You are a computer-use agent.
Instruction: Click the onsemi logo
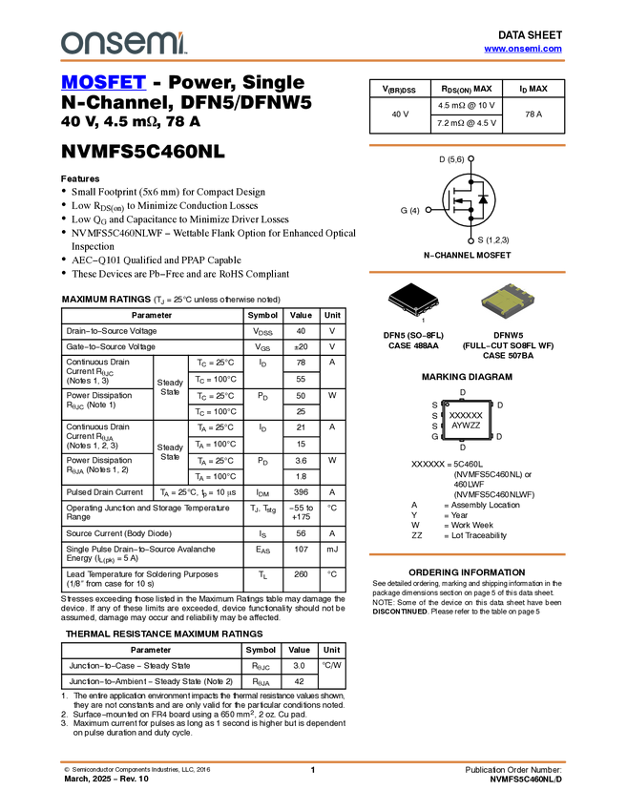point(123,43)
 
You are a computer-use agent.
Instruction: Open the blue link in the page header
point(523,49)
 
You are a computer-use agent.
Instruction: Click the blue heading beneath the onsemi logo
point(103,83)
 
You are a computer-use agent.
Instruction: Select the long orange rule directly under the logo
point(313,61)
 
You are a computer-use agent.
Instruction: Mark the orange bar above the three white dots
point(467,145)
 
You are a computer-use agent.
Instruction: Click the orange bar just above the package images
point(467,272)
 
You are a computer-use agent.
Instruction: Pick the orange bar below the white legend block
point(467,553)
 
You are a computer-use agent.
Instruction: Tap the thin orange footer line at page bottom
point(313,761)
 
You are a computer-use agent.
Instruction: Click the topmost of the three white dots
point(471,158)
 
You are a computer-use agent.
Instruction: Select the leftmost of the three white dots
point(428,209)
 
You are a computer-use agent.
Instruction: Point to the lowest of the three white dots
point(471,240)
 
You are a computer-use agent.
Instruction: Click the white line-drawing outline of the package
point(414,303)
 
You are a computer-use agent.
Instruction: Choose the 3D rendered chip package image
point(508,302)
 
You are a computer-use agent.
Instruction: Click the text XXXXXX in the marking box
point(466,416)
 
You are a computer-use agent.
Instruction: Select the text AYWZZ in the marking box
point(466,426)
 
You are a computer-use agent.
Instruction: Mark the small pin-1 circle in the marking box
point(448,405)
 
